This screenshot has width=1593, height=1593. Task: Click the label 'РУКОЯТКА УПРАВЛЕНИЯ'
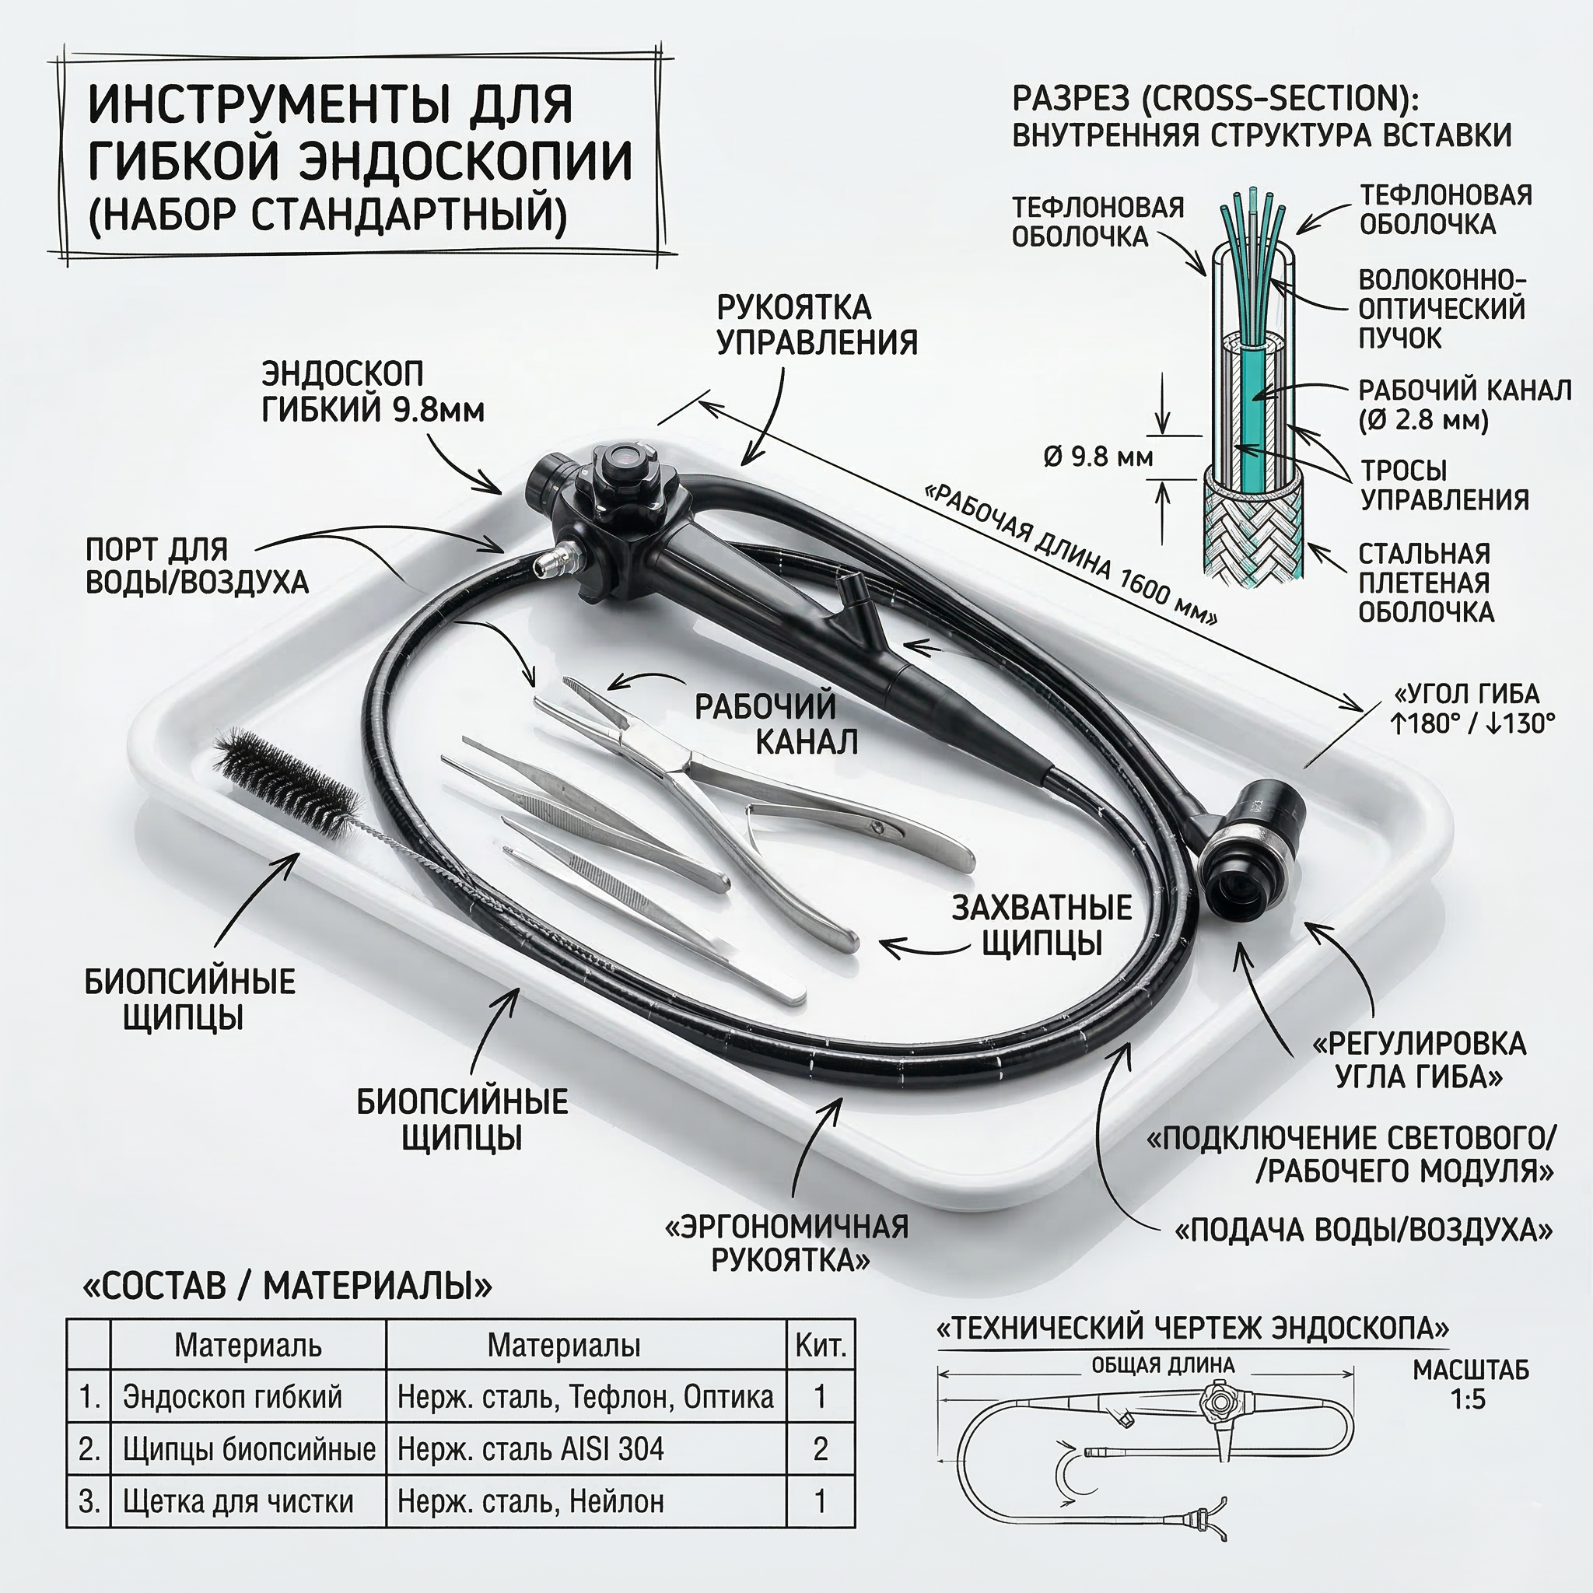(816, 324)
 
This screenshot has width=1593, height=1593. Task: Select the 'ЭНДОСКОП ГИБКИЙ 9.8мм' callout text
(373, 392)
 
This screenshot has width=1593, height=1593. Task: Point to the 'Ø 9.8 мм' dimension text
(1098, 456)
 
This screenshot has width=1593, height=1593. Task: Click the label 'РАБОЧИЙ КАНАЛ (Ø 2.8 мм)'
(1465, 404)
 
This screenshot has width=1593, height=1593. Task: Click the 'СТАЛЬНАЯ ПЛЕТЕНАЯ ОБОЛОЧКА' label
(1426, 582)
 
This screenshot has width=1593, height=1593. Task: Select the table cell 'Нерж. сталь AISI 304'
(530, 1450)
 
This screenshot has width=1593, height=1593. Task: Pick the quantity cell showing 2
(820, 1450)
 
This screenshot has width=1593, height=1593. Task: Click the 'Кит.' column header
(821, 1346)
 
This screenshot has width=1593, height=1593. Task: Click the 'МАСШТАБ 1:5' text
(1470, 1385)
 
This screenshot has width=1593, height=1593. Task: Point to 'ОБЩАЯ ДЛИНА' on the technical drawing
(1163, 1365)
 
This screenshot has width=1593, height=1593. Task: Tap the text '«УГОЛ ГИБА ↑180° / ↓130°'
(1472, 709)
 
